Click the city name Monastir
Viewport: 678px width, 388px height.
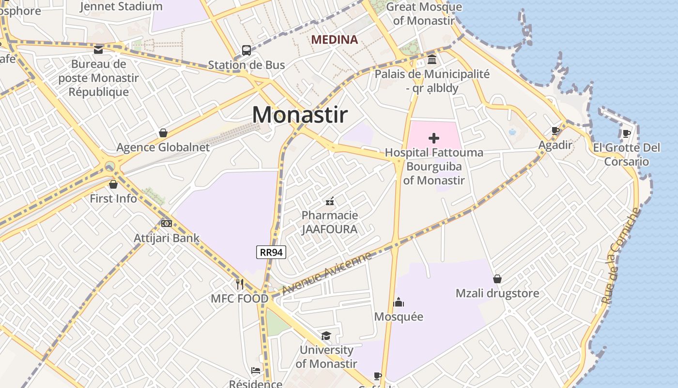[x=300, y=115]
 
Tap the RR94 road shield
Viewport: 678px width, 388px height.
[x=271, y=252]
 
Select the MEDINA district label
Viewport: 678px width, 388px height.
[x=334, y=40]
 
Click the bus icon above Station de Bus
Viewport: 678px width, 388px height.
[x=246, y=50]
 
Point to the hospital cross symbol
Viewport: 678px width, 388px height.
[x=434, y=138]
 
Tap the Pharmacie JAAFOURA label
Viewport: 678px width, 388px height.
[x=329, y=222]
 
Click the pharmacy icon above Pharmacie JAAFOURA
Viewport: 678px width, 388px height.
[x=330, y=201]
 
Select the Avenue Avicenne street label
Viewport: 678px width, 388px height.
[x=326, y=274]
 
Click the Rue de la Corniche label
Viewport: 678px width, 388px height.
[x=621, y=256]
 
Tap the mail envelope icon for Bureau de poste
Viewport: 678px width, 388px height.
[x=98, y=49]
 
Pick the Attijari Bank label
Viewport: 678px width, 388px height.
[x=167, y=238]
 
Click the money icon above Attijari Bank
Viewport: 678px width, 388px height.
[x=167, y=224]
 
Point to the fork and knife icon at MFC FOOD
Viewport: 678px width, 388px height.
[x=240, y=284]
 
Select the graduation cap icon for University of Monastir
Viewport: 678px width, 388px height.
[x=326, y=336]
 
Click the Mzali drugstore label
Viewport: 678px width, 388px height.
[x=497, y=293]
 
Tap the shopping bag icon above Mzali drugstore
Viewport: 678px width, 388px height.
[x=497, y=279]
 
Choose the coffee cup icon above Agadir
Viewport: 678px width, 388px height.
[x=555, y=130]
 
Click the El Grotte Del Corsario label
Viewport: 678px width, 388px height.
[x=627, y=154]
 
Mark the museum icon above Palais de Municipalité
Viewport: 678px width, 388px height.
[x=432, y=60]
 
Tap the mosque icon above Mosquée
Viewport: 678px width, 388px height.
[x=399, y=302]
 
